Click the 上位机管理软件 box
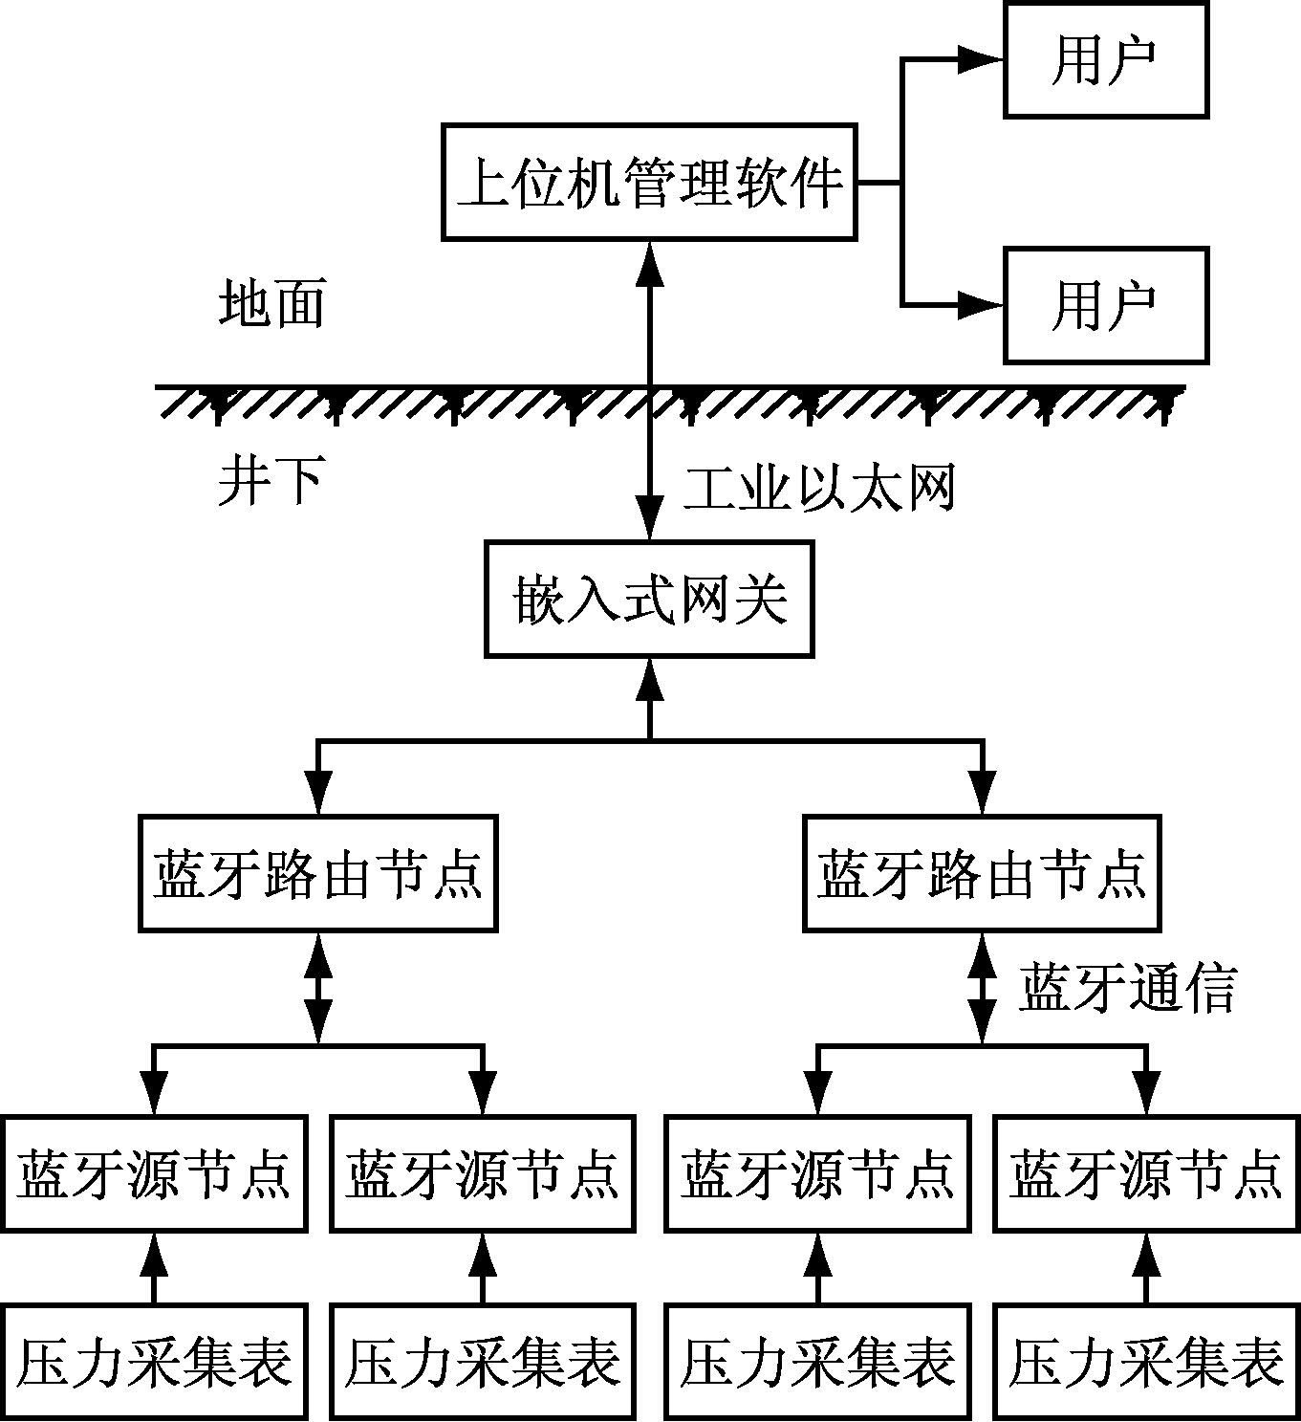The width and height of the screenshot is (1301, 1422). (x=649, y=181)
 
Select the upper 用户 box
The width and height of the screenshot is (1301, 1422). (x=1105, y=59)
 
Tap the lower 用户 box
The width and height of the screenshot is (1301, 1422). (x=1105, y=305)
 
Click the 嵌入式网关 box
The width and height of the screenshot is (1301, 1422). (x=649, y=599)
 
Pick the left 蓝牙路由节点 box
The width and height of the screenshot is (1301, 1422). (x=317, y=872)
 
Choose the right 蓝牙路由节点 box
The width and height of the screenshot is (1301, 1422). (x=982, y=872)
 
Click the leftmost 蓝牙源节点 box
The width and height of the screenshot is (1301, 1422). (x=154, y=1172)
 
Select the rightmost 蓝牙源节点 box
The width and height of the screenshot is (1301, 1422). (x=1145, y=1172)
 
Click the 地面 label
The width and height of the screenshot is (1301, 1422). (x=271, y=304)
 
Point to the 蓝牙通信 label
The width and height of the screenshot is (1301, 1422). (x=1128, y=987)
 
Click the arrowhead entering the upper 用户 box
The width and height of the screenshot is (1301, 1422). (x=980, y=59)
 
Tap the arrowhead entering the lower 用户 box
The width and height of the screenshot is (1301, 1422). (x=980, y=305)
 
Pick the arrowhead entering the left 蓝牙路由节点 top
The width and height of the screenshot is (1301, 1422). (x=317, y=792)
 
